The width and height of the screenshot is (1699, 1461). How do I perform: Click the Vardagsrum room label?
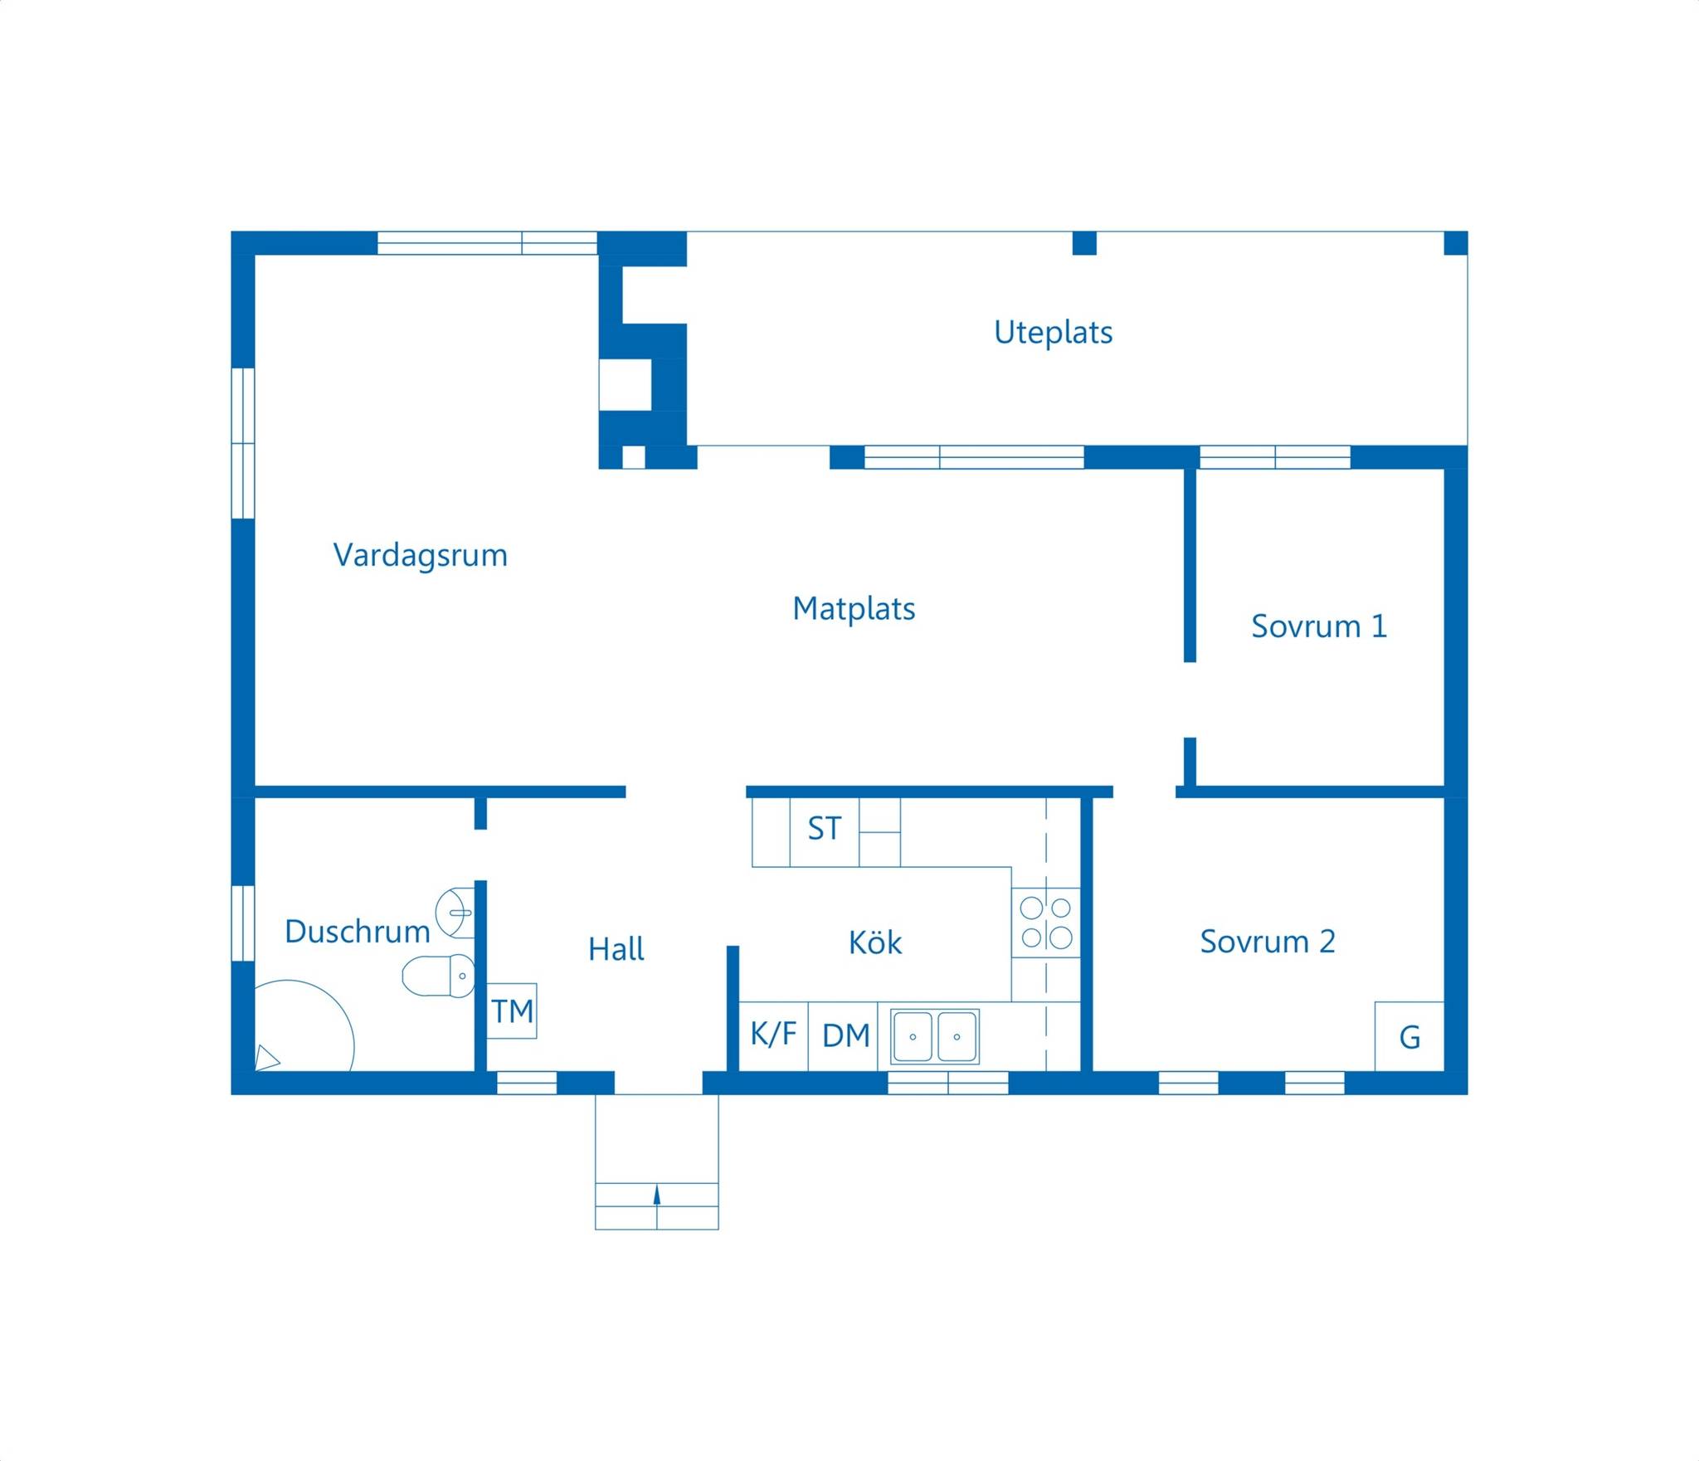click(420, 556)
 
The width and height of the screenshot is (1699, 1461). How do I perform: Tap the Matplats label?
click(854, 608)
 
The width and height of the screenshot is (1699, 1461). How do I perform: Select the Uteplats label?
click(1053, 333)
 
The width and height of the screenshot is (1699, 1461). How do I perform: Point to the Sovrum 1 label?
click(1319, 626)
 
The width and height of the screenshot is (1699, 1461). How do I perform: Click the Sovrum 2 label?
click(1268, 941)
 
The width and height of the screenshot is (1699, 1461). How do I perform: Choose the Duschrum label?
click(357, 931)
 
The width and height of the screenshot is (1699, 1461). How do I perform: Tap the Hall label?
click(616, 948)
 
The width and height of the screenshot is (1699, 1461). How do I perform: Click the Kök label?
click(875, 942)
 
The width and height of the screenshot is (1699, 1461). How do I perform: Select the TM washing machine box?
click(512, 1011)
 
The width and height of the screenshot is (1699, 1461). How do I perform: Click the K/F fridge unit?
click(773, 1035)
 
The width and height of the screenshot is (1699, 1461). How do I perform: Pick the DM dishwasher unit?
click(844, 1035)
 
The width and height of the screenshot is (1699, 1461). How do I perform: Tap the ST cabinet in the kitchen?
click(825, 831)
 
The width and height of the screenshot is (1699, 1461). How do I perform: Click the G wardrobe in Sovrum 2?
click(1409, 1036)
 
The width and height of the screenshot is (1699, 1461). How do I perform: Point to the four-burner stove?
click(1045, 922)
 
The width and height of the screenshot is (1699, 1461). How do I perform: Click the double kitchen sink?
click(935, 1036)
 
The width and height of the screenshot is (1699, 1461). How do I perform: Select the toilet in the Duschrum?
click(439, 975)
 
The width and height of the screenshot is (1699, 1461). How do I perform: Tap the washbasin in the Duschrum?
click(455, 913)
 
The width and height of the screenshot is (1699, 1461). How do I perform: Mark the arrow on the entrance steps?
click(657, 1195)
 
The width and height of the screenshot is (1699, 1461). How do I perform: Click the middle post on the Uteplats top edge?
click(1084, 243)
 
